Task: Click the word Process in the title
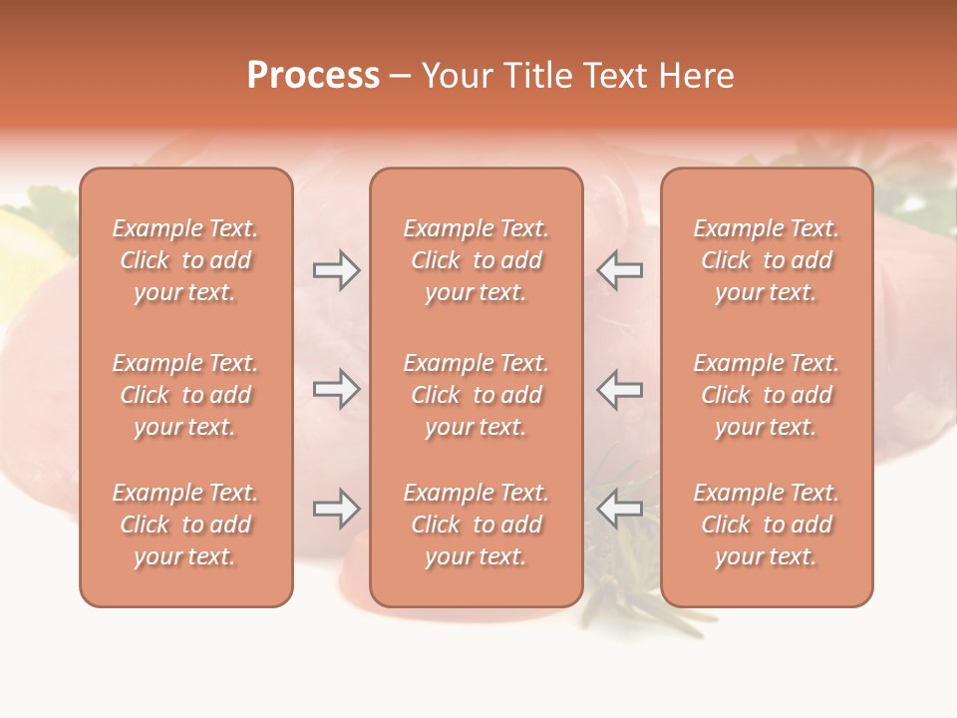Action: click(313, 76)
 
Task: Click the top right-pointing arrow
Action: click(336, 270)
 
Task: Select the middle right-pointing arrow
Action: click(336, 389)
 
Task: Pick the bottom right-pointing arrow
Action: click(336, 509)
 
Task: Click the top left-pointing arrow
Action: click(620, 270)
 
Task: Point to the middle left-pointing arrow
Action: click(620, 389)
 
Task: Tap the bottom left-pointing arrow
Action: click(620, 509)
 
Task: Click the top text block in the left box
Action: click(185, 260)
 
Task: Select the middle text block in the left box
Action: click(185, 395)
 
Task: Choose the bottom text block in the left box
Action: click(185, 525)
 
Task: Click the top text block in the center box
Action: click(477, 260)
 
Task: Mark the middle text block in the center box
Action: click(477, 395)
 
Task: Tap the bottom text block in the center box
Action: click(477, 525)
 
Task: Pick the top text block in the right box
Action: click(767, 260)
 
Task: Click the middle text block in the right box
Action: click(767, 395)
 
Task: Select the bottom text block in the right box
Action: click(767, 525)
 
